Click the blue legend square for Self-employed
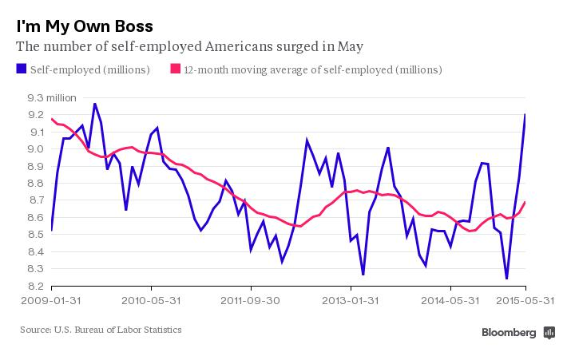pos(21,69)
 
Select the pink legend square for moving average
pos(175,69)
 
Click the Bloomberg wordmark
pos(510,332)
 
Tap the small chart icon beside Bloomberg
pos(549,332)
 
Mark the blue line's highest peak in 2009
pos(95,104)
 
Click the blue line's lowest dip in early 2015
pos(506,279)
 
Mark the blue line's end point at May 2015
pos(525,115)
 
